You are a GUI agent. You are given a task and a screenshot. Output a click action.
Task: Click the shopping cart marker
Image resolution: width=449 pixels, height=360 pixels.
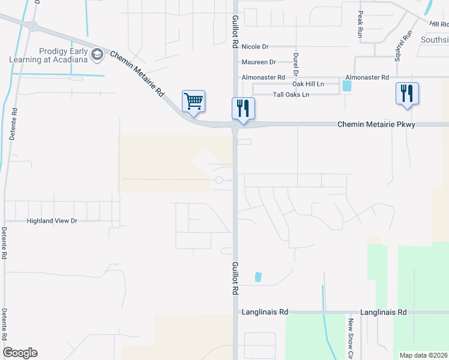tap(193, 101)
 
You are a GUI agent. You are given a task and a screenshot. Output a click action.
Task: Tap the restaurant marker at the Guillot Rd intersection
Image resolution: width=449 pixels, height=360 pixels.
tap(243, 109)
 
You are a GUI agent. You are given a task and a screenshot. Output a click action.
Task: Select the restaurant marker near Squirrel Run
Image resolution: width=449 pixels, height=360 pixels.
tap(407, 94)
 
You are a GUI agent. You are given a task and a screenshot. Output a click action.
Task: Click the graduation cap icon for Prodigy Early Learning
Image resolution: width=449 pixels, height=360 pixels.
tap(97, 55)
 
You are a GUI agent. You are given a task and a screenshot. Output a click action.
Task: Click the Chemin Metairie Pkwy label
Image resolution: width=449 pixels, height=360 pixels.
tap(376, 124)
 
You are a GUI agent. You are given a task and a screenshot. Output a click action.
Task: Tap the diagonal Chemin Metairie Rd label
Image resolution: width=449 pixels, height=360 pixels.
tap(137, 73)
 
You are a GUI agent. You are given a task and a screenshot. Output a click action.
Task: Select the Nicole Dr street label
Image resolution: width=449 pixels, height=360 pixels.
tap(255, 46)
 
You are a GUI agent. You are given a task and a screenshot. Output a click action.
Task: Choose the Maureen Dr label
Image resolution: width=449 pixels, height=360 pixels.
tap(259, 62)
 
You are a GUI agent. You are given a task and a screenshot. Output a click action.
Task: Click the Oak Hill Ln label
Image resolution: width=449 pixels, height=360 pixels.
tap(308, 85)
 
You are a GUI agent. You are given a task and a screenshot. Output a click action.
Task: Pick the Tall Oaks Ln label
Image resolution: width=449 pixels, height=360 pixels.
tap(291, 95)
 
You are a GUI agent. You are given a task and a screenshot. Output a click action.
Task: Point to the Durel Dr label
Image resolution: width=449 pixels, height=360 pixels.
tap(295, 64)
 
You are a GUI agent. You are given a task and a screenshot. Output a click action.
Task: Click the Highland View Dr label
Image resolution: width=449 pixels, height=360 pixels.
tap(53, 221)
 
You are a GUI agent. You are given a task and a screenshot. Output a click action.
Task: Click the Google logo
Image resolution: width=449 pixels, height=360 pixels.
tap(20, 353)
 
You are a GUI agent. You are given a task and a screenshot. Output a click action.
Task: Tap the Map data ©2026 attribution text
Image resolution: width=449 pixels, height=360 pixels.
tap(423, 355)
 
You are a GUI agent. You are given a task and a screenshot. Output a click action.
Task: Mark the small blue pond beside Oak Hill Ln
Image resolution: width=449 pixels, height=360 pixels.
tap(346, 85)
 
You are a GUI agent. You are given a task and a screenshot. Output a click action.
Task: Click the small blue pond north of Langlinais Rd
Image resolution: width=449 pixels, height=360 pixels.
tap(258, 277)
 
